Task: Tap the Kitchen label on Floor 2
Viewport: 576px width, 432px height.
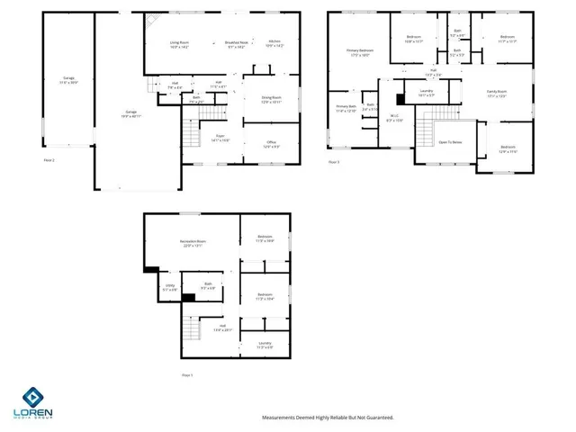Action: (275, 45)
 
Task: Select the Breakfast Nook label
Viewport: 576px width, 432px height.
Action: (238, 45)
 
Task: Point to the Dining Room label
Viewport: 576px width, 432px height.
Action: (271, 100)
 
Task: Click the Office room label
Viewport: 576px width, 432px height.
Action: (271, 144)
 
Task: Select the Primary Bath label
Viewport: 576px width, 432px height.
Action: (346, 108)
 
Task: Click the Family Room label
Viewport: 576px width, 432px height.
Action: (498, 94)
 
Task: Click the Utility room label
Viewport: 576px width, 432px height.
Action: (169, 289)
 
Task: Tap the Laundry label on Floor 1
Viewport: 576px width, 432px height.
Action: (265, 345)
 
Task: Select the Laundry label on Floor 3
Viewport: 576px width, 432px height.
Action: (427, 93)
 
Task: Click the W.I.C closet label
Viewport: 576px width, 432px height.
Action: (394, 117)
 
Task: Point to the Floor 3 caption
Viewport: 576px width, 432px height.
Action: (334, 161)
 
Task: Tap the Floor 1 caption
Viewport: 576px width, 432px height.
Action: (187, 374)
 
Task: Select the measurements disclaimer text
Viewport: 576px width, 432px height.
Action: (328, 417)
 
